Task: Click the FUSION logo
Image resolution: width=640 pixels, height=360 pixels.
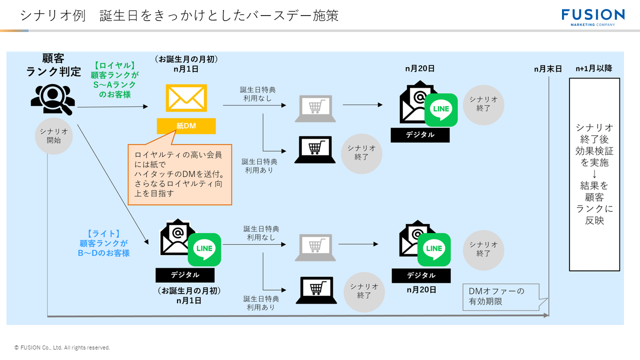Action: [592, 16]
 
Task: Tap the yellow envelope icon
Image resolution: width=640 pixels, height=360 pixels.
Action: [186, 98]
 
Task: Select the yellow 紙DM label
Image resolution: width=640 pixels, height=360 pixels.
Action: [186, 126]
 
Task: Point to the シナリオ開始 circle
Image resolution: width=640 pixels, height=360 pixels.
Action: [53, 136]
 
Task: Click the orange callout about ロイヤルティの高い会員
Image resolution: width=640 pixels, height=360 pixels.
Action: [180, 174]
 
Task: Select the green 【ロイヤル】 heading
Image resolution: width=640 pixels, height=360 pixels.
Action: [114, 65]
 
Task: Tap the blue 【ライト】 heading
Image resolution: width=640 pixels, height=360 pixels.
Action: [104, 233]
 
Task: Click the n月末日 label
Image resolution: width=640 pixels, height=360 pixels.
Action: [547, 69]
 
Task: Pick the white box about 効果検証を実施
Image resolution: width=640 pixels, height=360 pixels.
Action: [594, 174]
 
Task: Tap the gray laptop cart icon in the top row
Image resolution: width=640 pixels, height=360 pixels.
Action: [315, 108]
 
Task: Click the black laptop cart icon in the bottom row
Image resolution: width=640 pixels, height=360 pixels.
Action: [316, 290]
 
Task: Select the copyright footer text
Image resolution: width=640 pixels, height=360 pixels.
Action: [62, 347]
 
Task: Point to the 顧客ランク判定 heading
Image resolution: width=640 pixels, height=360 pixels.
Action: [53, 65]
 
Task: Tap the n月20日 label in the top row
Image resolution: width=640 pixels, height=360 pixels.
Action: [419, 68]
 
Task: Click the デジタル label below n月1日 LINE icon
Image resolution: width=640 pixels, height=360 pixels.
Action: [184, 275]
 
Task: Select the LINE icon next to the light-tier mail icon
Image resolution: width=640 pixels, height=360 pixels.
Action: [204, 249]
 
